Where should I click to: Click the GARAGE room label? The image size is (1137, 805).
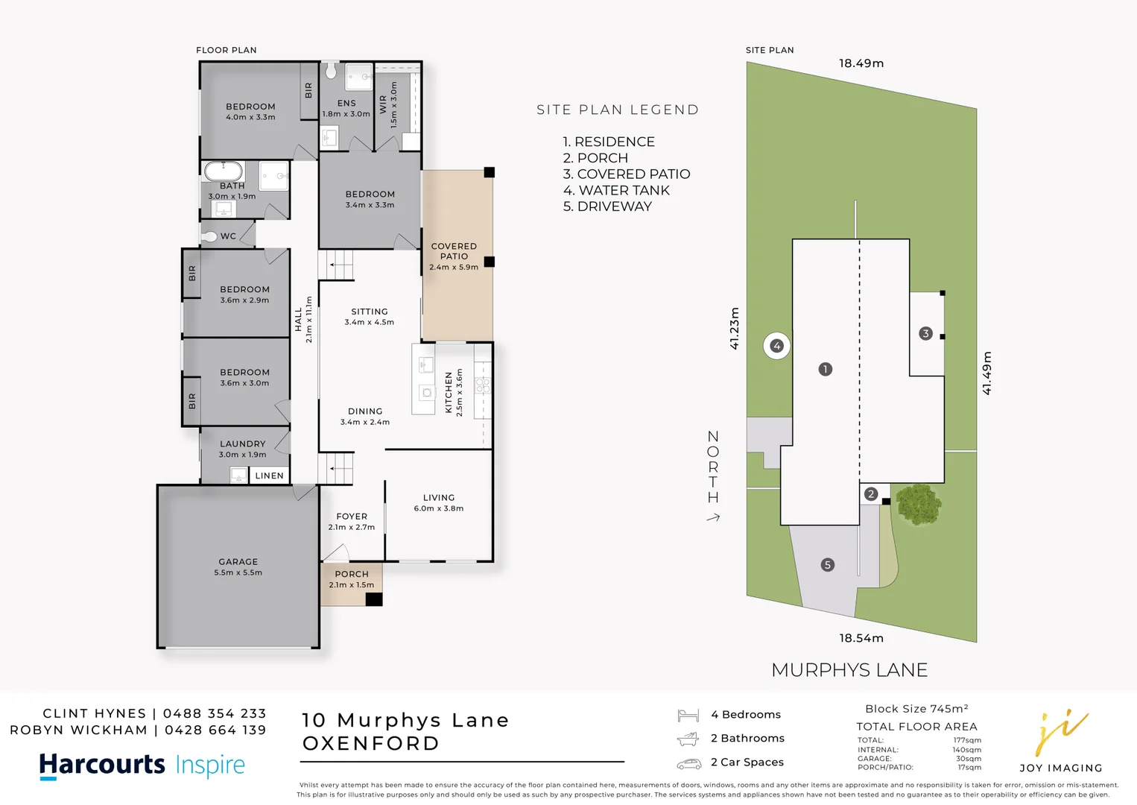[x=238, y=562]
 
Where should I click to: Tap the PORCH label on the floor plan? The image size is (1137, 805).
[x=352, y=574]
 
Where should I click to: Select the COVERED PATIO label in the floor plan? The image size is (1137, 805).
[x=454, y=251]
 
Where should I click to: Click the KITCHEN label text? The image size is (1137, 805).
[x=449, y=392]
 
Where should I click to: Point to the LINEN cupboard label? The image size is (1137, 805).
[x=269, y=476]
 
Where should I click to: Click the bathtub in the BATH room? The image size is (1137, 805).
[x=224, y=171]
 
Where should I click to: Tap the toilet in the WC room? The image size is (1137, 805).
[x=209, y=236]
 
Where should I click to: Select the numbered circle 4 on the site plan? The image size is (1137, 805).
[x=776, y=346]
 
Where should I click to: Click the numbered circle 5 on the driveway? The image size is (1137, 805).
[x=827, y=565]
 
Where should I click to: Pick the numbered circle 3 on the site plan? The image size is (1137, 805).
[x=925, y=333]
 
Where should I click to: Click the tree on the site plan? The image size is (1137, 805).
[x=919, y=504]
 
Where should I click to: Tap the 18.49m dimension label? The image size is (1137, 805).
[x=861, y=63]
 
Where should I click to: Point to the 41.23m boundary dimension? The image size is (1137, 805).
[x=735, y=328]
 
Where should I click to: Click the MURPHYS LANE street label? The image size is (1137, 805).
[x=849, y=670]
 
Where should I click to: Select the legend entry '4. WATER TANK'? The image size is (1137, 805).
[x=616, y=191]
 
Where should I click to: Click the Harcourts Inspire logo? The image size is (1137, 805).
[x=142, y=765]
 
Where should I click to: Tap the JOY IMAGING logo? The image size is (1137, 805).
[x=1061, y=742]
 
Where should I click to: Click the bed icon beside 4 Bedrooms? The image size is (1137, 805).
[x=688, y=716]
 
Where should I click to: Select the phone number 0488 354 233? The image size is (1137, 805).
[x=215, y=713]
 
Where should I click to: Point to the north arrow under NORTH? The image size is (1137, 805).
[x=713, y=517]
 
